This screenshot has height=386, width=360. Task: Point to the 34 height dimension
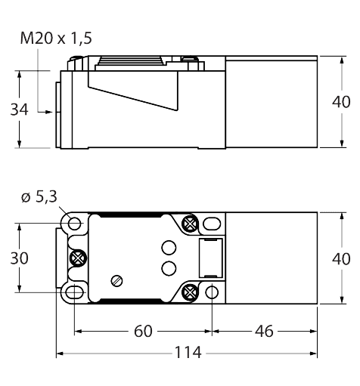tap(19, 110)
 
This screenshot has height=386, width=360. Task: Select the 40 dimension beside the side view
tap(341, 101)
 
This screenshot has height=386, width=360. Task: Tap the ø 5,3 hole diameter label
tap(38, 198)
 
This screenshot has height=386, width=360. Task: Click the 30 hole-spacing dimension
tap(19, 258)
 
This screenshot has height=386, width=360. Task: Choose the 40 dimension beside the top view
tap(341, 258)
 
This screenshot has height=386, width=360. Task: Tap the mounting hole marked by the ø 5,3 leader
tap(73, 223)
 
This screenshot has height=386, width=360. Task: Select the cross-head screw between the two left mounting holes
tap(76, 258)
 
